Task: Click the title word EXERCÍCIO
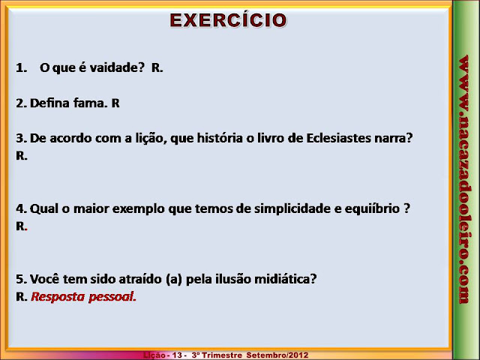pyautogui.click(x=228, y=19)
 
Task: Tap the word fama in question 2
pyautogui.click(x=88, y=103)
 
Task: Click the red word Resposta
pyautogui.click(x=58, y=297)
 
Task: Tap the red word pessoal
pyautogui.click(x=112, y=297)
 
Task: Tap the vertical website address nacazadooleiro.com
pyautogui.click(x=464, y=179)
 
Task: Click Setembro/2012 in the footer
pyautogui.click(x=277, y=355)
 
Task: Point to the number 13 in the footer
pyautogui.click(x=177, y=355)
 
